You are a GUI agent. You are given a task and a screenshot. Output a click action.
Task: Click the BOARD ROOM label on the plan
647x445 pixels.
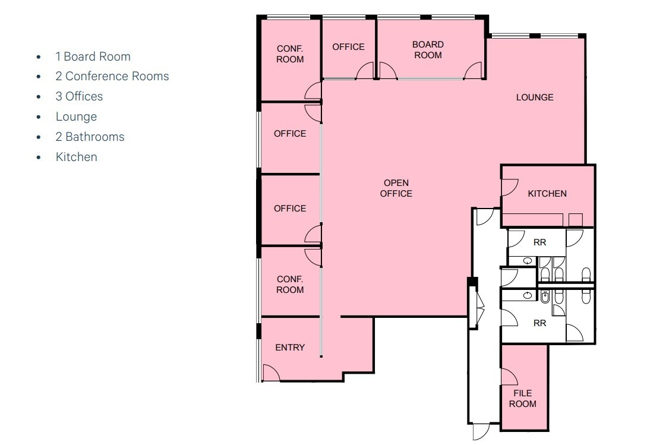(x=428, y=50)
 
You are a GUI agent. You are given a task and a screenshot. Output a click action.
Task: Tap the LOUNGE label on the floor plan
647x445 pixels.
(x=535, y=97)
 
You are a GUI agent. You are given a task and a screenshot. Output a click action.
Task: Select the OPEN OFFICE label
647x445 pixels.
(x=396, y=188)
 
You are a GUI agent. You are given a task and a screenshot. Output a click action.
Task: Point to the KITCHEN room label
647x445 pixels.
(x=547, y=194)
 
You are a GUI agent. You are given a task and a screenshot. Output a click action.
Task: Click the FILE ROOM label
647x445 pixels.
(x=522, y=398)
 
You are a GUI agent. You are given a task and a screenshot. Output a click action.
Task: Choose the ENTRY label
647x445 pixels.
(x=290, y=348)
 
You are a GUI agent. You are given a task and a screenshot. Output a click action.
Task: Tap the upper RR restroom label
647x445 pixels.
(x=539, y=242)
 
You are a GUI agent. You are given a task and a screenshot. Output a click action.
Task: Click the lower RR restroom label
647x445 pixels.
(x=539, y=323)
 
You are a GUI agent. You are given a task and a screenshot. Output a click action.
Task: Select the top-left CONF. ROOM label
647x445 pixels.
(x=290, y=54)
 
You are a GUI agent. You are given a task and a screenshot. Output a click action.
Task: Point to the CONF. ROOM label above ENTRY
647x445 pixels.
(x=290, y=285)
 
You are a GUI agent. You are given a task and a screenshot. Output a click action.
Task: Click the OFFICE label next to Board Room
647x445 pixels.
(x=348, y=47)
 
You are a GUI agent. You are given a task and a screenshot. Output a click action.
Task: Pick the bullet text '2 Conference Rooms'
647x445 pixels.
(x=112, y=77)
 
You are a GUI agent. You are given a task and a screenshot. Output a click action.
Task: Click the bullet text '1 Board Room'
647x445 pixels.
(x=93, y=56)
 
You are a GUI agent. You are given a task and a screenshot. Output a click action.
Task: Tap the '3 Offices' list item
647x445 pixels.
(x=79, y=97)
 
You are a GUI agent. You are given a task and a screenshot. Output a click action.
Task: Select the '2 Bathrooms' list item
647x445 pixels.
(x=90, y=137)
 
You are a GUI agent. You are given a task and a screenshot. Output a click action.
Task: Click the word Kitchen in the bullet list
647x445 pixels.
(x=76, y=157)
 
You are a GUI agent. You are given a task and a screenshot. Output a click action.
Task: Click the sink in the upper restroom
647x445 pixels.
(x=528, y=261)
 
